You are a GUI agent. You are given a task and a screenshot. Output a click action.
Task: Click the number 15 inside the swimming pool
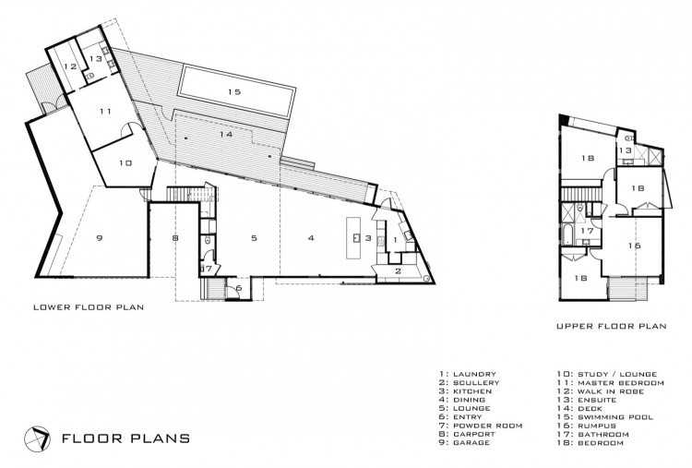tap(234, 91)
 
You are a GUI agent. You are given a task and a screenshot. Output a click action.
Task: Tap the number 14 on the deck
tap(225, 134)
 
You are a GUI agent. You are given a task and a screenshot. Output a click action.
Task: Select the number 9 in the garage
tap(100, 238)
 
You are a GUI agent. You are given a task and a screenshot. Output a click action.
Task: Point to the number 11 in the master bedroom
tap(105, 112)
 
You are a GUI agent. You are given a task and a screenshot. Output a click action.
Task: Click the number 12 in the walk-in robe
tap(70, 66)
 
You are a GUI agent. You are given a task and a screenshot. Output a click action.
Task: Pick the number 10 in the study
tap(125, 162)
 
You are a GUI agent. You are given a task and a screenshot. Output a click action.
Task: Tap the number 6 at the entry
tap(238, 288)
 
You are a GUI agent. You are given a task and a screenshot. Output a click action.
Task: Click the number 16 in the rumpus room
tap(634, 246)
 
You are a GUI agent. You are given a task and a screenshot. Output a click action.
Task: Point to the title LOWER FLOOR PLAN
tap(89, 306)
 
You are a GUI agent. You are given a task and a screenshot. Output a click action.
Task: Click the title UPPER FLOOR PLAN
tap(611, 326)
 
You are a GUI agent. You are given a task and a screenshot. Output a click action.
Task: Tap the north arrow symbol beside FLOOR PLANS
tap(37, 438)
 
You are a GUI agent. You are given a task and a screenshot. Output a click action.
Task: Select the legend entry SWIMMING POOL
tap(615, 417)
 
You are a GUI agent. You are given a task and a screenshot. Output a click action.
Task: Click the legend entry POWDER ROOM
tap(488, 426)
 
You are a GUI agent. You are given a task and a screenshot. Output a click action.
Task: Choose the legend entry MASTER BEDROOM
tap(621, 383)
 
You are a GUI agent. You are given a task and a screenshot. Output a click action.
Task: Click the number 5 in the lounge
tap(254, 238)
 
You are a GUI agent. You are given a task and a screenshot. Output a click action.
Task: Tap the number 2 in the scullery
tap(398, 271)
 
